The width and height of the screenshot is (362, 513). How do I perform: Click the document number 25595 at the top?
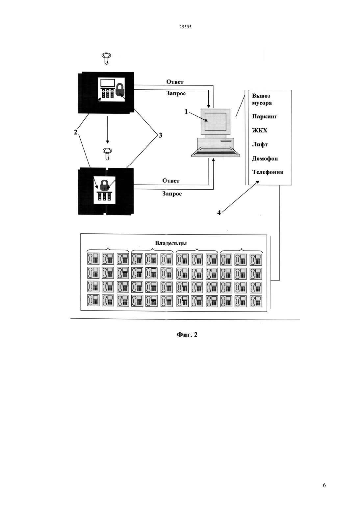185,27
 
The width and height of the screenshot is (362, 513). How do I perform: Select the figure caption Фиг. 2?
187,335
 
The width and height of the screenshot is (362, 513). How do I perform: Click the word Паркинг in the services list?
264,117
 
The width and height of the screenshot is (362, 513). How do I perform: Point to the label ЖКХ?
260,131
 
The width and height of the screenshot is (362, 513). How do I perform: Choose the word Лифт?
260,144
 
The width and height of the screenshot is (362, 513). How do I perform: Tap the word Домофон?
265,159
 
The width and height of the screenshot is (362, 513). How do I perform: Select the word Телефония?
268,172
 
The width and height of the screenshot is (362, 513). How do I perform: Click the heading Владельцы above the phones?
171,243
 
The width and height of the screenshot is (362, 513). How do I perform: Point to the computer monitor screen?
215,122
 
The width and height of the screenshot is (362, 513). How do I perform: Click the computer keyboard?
216,152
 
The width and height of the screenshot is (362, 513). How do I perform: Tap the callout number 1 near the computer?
186,111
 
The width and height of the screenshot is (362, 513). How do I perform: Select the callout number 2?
75,132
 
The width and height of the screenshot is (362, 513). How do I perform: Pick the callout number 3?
161,136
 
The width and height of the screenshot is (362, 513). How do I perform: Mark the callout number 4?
219,213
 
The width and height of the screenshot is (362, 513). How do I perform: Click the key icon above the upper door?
106,58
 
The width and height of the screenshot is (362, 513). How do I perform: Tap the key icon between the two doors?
107,153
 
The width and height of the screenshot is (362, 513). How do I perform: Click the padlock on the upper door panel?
120,90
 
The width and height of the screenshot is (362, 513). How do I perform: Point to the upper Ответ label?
175,82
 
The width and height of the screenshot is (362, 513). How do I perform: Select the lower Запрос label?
172,194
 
